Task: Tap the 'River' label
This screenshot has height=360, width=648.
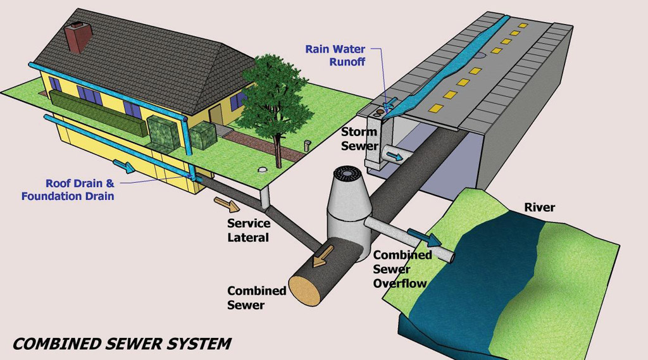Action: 539,208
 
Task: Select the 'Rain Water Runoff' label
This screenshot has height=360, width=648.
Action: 335,55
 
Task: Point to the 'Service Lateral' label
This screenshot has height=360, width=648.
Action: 249,230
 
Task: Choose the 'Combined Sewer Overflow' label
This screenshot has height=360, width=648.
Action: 402,269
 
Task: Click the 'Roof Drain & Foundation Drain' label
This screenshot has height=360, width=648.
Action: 68,190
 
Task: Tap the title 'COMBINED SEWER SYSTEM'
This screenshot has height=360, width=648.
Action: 121,344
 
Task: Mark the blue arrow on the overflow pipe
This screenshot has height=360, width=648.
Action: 425,237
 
